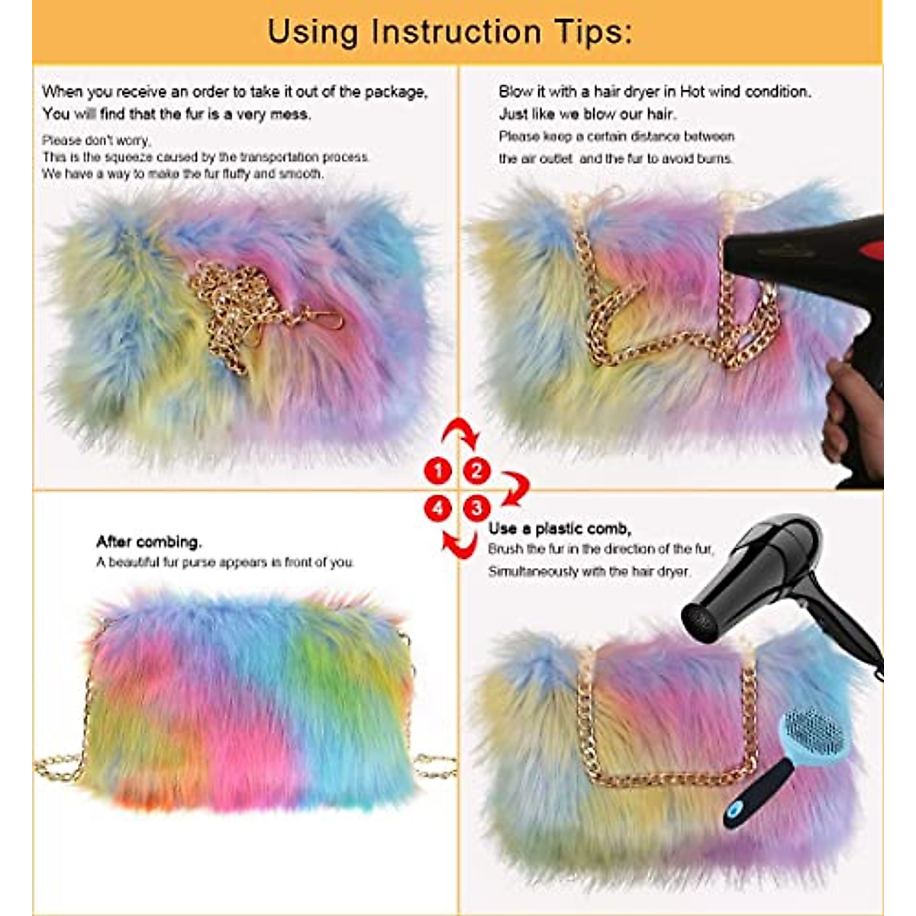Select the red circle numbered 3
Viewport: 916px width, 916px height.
pyautogui.click(x=477, y=508)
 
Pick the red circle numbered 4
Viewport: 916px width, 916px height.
pyautogui.click(x=438, y=508)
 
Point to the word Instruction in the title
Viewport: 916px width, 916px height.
pyautogui.click(x=456, y=32)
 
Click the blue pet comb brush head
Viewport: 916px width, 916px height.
pyautogui.click(x=813, y=729)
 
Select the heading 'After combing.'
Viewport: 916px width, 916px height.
pyautogui.click(x=149, y=542)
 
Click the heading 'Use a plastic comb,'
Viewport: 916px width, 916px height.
pyautogui.click(x=560, y=528)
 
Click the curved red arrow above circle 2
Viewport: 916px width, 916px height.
pyautogui.click(x=461, y=433)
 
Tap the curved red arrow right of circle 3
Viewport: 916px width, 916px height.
pyautogui.click(x=516, y=489)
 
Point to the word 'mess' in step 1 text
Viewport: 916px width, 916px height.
pyautogui.click(x=290, y=114)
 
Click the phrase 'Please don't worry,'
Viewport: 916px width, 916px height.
pyautogui.click(x=96, y=140)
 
